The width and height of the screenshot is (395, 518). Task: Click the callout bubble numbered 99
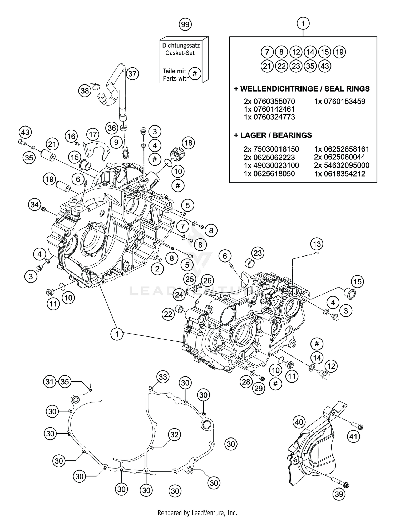click(185, 25)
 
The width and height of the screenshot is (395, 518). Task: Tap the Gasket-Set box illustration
click(184, 61)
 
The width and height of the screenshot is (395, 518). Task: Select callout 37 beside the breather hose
click(132, 74)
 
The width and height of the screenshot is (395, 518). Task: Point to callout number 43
click(25, 132)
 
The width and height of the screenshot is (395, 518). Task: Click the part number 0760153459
click(339, 101)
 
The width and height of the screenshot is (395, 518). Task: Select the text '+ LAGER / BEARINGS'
click(273, 135)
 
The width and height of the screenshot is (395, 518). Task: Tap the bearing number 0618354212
click(339, 174)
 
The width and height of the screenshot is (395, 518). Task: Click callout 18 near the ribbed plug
click(188, 143)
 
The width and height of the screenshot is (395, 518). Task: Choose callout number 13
click(317, 244)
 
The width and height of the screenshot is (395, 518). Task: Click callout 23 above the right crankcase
click(258, 253)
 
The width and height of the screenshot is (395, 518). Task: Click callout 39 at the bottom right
click(339, 494)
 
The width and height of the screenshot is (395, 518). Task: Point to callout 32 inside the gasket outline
click(174, 435)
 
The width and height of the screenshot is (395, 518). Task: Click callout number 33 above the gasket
click(163, 377)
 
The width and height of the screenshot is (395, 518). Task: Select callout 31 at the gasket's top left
click(50, 381)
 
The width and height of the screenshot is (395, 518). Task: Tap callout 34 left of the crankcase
click(34, 204)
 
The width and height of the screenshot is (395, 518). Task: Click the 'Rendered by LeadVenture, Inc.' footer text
click(197, 512)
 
